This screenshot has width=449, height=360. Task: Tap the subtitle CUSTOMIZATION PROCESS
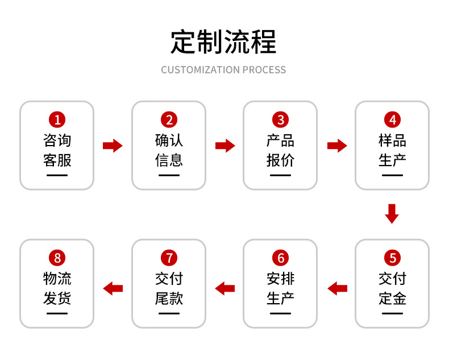click(x=223, y=70)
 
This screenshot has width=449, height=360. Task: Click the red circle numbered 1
click(x=57, y=119)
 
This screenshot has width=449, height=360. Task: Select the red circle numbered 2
click(x=169, y=119)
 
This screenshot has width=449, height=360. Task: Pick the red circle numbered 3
click(x=280, y=119)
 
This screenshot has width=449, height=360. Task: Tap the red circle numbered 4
click(x=392, y=119)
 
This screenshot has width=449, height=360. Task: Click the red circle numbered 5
click(x=392, y=258)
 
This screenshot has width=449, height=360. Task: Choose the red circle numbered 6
click(x=280, y=258)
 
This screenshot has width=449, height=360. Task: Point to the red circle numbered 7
click(x=169, y=258)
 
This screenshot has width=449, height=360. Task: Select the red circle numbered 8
click(x=57, y=258)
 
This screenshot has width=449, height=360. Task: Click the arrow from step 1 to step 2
click(x=113, y=146)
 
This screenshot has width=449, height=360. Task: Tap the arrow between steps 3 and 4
click(x=337, y=146)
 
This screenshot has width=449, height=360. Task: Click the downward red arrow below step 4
click(x=392, y=213)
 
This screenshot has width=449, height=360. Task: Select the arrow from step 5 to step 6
click(x=337, y=288)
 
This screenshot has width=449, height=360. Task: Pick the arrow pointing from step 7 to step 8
click(x=113, y=288)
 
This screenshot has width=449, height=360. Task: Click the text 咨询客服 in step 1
click(x=57, y=150)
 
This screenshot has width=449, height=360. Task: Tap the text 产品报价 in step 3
click(x=280, y=150)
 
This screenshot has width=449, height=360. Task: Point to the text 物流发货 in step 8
click(x=57, y=288)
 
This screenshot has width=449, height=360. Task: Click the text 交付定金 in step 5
click(x=392, y=288)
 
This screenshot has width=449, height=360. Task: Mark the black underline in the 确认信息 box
click(x=169, y=175)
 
